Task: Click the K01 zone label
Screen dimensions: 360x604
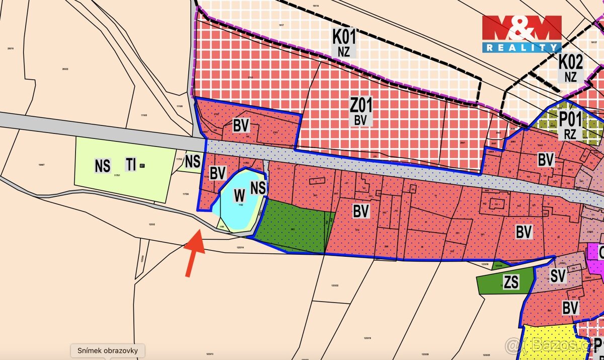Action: (x=344, y=36)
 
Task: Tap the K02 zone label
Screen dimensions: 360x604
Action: (x=571, y=62)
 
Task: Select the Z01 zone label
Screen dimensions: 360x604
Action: (x=360, y=105)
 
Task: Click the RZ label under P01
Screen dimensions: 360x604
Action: (x=570, y=134)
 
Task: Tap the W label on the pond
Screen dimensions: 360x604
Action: (x=239, y=196)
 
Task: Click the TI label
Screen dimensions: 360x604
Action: (x=131, y=164)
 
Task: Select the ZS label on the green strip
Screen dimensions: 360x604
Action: (x=511, y=282)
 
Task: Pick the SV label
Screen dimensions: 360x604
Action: (x=558, y=275)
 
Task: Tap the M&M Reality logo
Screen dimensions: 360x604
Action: (x=521, y=34)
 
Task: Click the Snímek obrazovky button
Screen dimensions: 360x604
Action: (x=107, y=350)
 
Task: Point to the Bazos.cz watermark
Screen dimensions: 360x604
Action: (x=554, y=346)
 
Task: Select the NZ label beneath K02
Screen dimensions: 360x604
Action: (x=571, y=77)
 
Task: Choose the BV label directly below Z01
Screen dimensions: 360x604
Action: (x=360, y=120)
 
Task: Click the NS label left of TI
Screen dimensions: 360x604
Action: (x=103, y=166)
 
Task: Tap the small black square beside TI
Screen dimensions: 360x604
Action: (x=142, y=165)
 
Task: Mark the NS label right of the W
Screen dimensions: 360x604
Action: (x=258, y=188)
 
